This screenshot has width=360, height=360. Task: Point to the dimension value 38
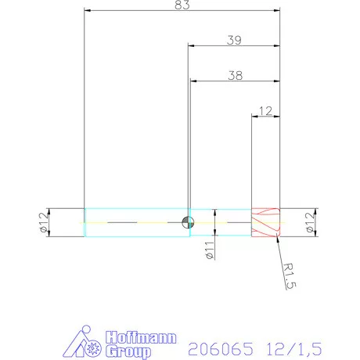click(233, 75)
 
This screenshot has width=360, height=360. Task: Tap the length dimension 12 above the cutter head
click(265, 111)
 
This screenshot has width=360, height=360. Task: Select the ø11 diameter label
click(209, 250)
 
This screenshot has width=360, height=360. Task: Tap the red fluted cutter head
click(265, 222)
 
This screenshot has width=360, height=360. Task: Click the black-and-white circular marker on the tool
click(187, 222)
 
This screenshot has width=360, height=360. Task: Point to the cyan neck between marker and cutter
click(221, 222)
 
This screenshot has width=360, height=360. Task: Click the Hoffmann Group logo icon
click(81, 341)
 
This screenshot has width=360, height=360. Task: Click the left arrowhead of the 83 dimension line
click(88, 11)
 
